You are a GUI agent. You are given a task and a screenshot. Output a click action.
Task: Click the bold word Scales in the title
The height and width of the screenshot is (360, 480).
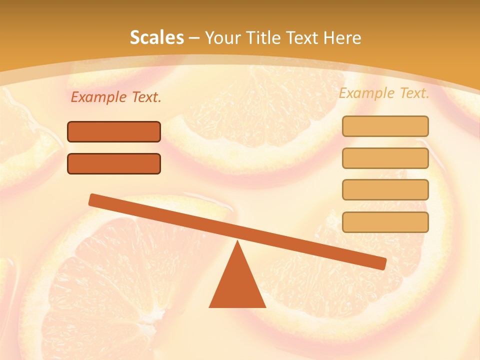click(x=156, y=38)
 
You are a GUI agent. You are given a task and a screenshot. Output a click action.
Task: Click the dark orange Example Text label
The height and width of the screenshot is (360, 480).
click(x=116, y=97)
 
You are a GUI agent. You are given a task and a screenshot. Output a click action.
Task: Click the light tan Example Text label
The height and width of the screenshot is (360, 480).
click(x=384, y=93)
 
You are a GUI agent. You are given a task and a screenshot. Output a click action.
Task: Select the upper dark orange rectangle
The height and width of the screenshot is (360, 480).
click(x=114, y=131)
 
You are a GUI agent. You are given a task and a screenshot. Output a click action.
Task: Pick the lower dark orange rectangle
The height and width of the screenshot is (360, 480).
click(x=114, y=163)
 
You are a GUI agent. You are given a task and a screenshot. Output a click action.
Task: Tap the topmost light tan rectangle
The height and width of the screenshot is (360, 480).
click(x=385, y=126)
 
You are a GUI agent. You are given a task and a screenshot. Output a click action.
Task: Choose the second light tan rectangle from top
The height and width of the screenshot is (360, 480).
click(x=385, y=158)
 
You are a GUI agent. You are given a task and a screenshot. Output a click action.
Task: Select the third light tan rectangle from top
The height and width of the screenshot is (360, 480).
click(x=385, y=189)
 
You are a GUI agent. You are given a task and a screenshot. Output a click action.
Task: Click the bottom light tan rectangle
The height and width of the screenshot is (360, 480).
click(x=385, y=222)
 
